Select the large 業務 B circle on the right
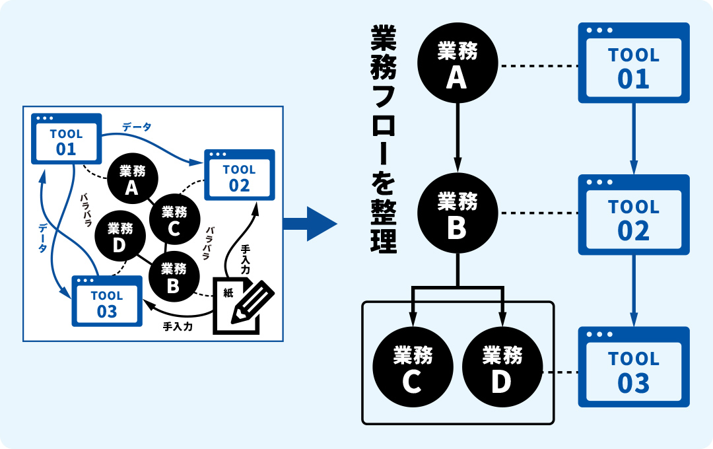pos(457,213)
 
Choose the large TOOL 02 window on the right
pos(634,215)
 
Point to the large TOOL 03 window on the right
pos(634,366)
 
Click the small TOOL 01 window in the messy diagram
pos(67,139)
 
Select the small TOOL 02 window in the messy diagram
pos(239,175)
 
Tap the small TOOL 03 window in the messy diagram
pos(107,301)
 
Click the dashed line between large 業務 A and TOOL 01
pos(537,66)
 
